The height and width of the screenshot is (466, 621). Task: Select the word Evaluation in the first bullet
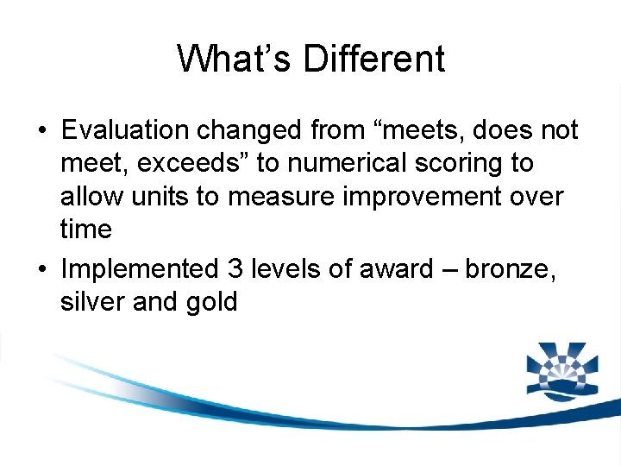(x=125, y=130)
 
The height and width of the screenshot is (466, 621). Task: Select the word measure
(x=276, y=196)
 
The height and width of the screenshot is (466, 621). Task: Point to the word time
(x=86, y=229)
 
